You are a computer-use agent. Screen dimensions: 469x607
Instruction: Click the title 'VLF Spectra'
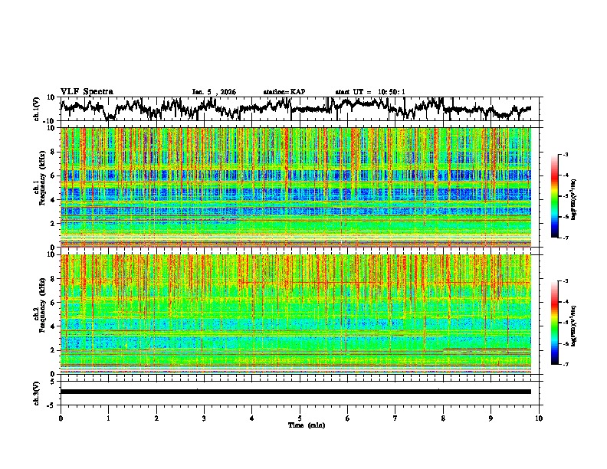point(87,91)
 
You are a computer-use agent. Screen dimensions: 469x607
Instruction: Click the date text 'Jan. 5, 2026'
point(214,92)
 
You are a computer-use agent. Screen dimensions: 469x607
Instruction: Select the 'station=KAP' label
point(284,92)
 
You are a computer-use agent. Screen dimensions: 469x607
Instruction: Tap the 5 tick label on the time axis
point(300,418)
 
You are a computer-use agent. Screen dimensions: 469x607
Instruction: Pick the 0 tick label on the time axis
point(61,418)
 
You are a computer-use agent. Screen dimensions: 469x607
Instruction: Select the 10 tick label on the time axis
point(539,418)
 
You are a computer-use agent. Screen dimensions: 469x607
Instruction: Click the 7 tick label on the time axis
point(395,418)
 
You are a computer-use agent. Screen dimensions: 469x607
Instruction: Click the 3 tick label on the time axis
point(204,418)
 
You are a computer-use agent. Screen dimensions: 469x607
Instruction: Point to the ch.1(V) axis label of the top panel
point(37,109)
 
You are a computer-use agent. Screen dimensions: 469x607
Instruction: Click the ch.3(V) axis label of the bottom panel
point(37,392)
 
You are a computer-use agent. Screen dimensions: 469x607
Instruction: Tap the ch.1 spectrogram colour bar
point(555,196)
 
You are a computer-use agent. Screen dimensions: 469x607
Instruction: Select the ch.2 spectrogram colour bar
point(555,323)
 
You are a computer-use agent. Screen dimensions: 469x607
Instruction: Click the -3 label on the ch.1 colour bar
point(564,156)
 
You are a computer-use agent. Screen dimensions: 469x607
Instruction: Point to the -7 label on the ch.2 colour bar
point(564,365)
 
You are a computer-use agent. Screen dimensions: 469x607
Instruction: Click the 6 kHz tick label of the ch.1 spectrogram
point(54,175)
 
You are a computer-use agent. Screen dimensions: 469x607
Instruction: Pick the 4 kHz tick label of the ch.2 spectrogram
point(54,326)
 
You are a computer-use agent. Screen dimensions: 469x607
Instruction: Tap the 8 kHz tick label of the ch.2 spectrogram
point(54,278)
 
